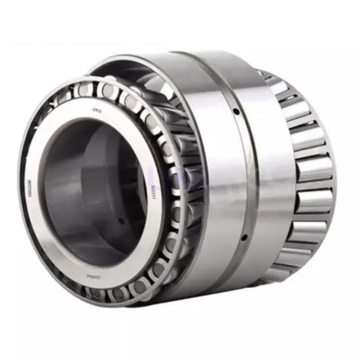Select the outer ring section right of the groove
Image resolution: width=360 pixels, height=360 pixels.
(x=268, y=177)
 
